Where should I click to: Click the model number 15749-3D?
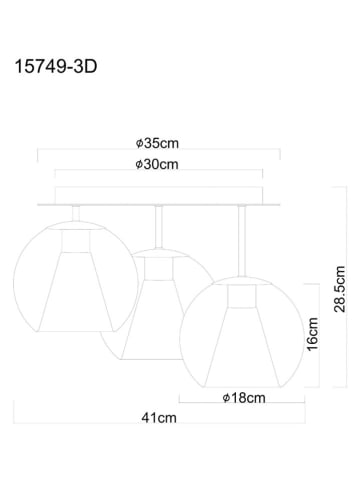click(x=56, y=66)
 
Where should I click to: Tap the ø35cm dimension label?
click(x=157, y=143)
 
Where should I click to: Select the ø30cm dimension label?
click(x=157, y=164)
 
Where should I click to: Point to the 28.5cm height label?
click(x=340, y=289)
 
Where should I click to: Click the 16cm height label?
click(x=313, y=334)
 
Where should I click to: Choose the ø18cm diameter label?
click(x=244, y=398)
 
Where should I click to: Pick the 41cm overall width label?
click(x=159, y=418)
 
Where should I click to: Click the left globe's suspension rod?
click(x=76, y=213)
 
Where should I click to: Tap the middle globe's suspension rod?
click(x=159, y=227)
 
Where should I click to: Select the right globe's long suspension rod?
click(x=242, y=241)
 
